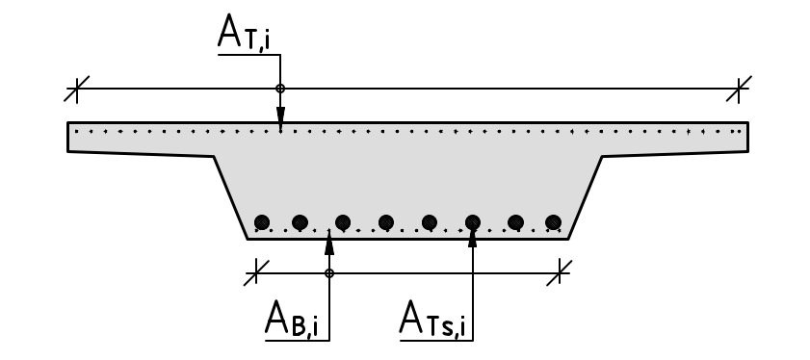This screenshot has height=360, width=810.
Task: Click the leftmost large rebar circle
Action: click(x=261, y=222)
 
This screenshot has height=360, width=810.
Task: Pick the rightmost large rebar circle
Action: click(x=553, y=222)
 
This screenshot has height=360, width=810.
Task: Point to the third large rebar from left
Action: click(x=343, y=222)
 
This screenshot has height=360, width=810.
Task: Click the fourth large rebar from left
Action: click(x=386, y=222)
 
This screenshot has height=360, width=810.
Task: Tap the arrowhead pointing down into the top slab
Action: click(x=280, y=123)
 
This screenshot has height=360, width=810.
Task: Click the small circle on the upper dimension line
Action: click(x=280, y=90)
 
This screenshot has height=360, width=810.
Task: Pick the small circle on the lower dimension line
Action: click(x=329, y=273)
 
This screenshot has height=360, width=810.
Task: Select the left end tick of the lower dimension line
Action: click(x=254, y=273)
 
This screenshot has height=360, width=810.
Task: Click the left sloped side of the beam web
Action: click(x=231, y=197)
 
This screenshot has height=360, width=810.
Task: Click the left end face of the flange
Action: click(x=67, y=138)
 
